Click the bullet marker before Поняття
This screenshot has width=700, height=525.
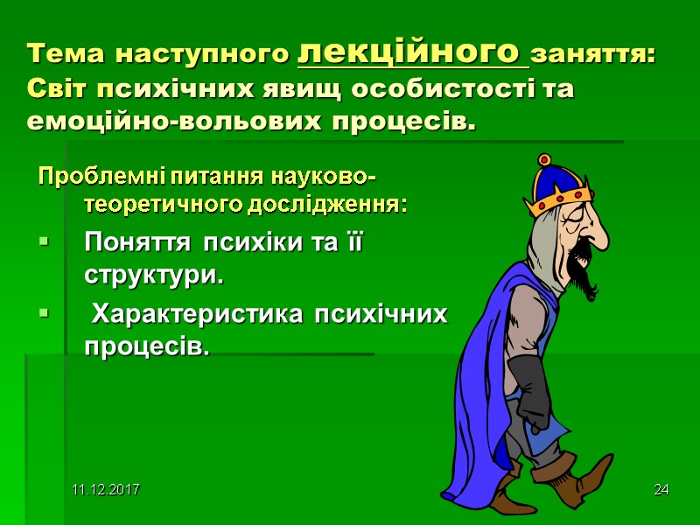pyautogui.click(x=44, y=243)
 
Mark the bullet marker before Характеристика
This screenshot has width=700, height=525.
pyautogui.click(x=44, y=313)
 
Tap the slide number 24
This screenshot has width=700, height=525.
pyautogui.click(x=661, y=487)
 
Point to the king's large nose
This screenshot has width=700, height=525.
pyautogui.click(x=598, y=230)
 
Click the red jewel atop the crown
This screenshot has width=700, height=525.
pyautogui.click(x=543, y=160)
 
